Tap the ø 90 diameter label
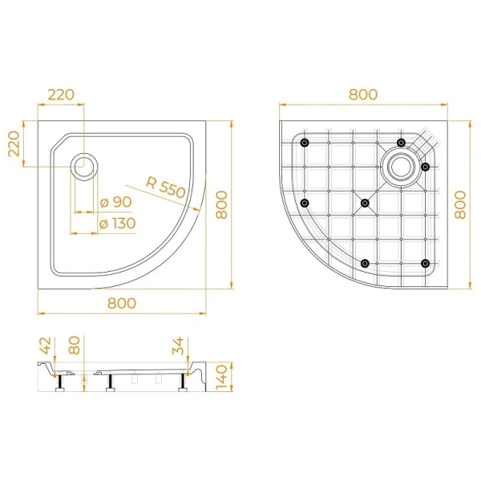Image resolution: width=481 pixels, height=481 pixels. tap(115, 202)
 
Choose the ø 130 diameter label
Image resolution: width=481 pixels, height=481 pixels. tap(116, 222)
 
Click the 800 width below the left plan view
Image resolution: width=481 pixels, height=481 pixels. tap(123, 303)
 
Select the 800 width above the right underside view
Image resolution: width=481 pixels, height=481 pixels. tap(363, 95)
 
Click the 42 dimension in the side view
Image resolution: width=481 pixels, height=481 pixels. tap(45, 347)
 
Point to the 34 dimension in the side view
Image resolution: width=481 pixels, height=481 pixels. tap(180, 347)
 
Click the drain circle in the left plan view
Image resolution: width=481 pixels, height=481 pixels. tap(83, 167)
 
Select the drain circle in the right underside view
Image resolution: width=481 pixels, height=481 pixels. tap(400, 166)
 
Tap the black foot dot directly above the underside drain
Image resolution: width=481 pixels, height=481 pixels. tap(401, 143)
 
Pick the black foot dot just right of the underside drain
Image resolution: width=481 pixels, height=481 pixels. tap(426, 167)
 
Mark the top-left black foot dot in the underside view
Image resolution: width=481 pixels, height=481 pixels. tap(305, 143)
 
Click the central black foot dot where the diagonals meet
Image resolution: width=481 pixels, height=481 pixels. tap(366, 204)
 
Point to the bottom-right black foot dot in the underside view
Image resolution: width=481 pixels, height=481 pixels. tap(426, 263)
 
